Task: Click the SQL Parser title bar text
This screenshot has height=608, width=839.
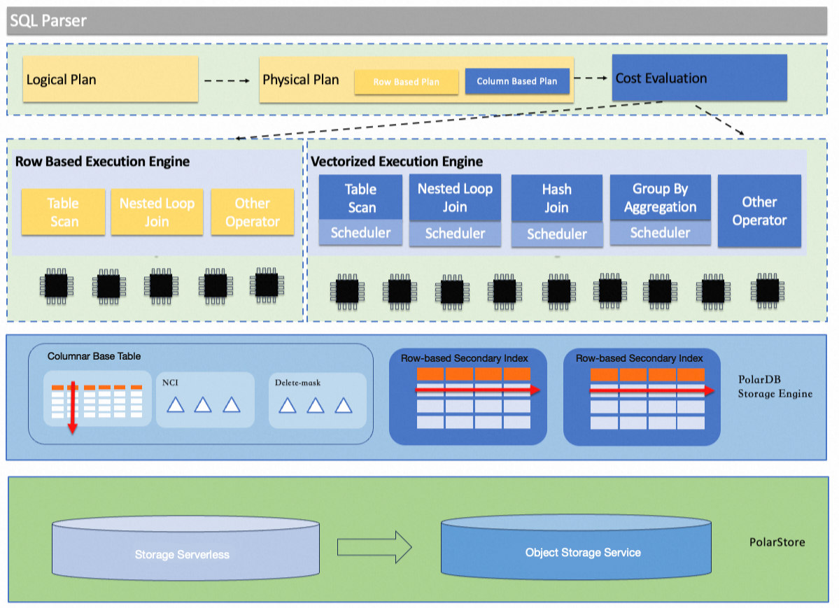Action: [x=48, y=21]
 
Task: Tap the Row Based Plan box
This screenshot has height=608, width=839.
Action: [x=406, y=82]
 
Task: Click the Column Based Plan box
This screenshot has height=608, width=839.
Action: [x=517, y=81]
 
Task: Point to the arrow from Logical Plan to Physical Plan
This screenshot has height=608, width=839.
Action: [x=227, y=80]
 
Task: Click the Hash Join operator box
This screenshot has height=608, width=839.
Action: [x=556, y=199]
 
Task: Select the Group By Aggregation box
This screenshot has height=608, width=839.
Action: [x=660, y=198]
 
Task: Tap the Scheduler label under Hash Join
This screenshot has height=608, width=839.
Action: [x=556, y=234]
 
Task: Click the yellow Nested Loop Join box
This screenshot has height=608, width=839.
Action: [x=157, y=212]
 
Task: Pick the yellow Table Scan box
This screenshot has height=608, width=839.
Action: [x=63, y=212]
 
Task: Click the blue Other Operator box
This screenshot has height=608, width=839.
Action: [x=759, y=211]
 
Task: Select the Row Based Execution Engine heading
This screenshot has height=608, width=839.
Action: [x=102, y=162]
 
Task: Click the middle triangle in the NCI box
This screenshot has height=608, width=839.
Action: [x=203, y=404]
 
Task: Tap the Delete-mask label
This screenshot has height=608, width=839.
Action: [x=297, y=383]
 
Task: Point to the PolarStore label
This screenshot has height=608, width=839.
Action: [x=777, y=542]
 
